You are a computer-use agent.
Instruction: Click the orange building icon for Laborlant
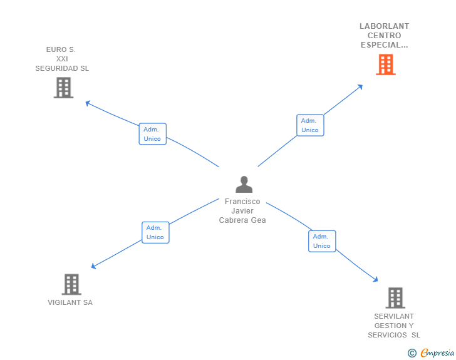(x=386, y=64)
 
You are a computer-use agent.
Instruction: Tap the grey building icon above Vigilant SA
(x=71, y=284)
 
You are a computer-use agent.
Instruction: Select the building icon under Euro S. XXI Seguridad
(x=63, y=88)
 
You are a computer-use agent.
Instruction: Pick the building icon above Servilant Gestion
(x=395, y=298)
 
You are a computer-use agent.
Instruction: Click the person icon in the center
(x=244, y=184)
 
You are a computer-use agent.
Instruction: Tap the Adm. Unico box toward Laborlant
(x=310, y=125)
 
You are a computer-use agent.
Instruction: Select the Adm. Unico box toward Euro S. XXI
(x=152, y=134)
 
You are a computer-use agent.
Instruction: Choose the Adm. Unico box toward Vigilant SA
(x=155, y=232)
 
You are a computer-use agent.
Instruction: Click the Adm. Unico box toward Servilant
(x=322, y=241)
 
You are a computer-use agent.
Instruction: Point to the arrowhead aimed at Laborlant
(x=360, y=86)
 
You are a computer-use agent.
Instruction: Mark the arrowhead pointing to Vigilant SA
(x=93, y=266)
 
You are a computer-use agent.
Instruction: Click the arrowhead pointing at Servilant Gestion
(x=376, y=279)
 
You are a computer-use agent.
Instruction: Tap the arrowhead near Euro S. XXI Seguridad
(x=88, y=103)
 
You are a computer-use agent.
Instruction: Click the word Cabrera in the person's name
(x=234, y=220)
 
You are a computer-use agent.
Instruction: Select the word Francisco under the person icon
(x=242, y=201)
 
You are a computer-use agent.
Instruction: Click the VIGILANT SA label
(x=70, y=302)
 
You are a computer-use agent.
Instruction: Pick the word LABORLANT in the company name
(x=384, y=26)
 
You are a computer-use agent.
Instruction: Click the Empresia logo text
(x=437, y=352)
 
